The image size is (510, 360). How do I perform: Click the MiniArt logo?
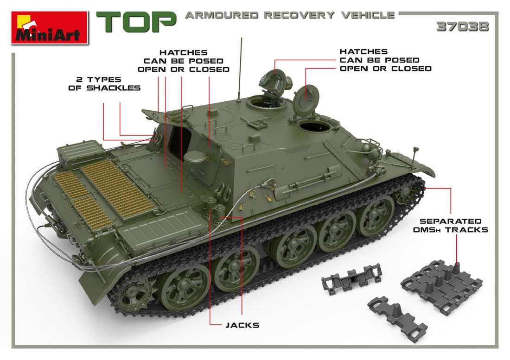point(50,28)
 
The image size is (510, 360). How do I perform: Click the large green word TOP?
point(136,22)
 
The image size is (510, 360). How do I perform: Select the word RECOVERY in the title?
point(299,15)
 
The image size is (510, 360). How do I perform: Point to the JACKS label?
point(242,325)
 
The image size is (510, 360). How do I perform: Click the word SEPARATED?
point(451,221)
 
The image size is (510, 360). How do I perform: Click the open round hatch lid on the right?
point(306,98)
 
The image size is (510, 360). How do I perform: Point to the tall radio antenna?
point(240,69)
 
